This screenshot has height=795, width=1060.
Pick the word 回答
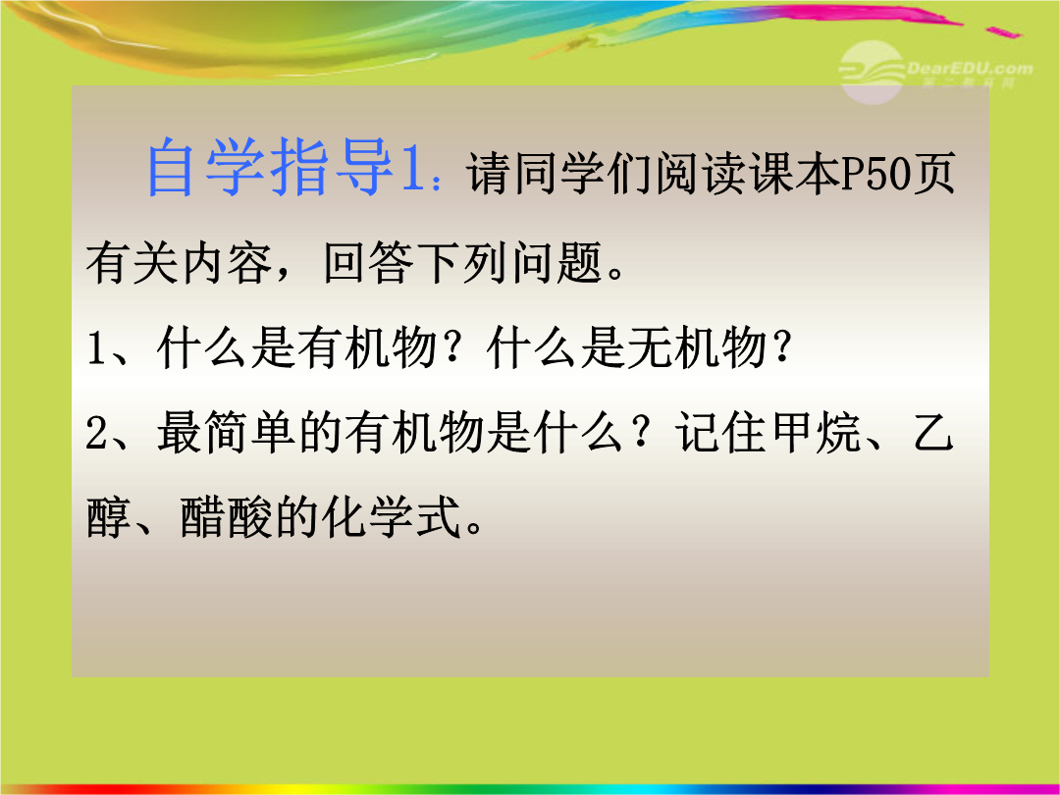[x=368, y=262]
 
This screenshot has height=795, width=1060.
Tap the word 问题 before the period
[x=557, y=262]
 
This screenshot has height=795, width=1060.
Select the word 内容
[x=226, y=262]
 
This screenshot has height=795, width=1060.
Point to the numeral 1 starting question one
[x=95, y=348]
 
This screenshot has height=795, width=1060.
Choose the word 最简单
[x=227, y=433]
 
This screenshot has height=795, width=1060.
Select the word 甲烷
[x=817, y=433]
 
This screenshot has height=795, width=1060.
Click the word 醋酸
[x=226, y=518]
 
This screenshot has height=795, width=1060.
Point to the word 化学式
[x=392, y=518]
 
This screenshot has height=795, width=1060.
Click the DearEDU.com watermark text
[x=970, y=69]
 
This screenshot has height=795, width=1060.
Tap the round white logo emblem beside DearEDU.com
[x=873, y=73]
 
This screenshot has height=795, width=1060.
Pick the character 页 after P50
[x=934, y=173]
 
